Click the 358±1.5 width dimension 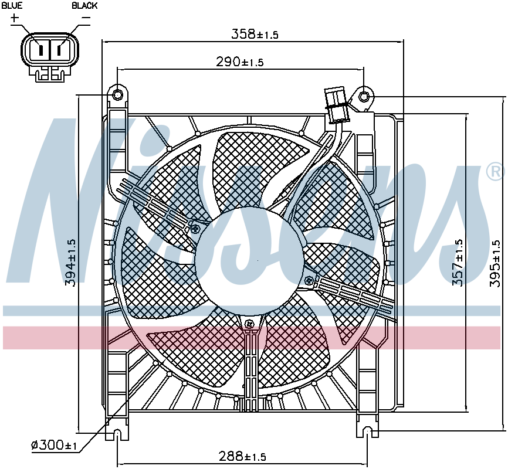tap(255, 34)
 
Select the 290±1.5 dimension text tap(240, 62)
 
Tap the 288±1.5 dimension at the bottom tap(242, 456)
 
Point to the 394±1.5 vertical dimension tap(71, 263)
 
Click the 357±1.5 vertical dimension tap(458, 263)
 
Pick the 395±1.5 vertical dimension tap(495, 263)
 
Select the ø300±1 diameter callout tap(54, 445)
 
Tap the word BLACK tap(84, 5)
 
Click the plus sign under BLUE tap(15, 18)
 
